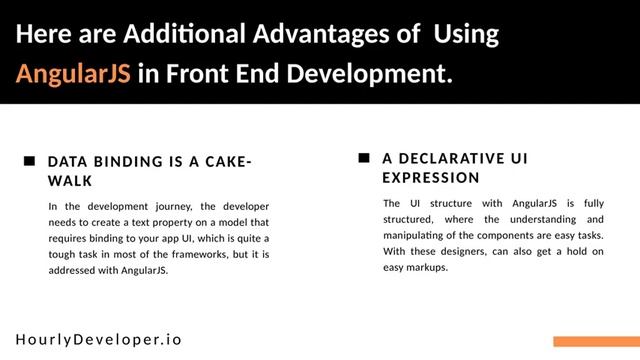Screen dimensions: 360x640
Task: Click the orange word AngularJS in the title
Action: click(73, 74)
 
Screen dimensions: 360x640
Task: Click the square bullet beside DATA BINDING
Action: click(29, 161)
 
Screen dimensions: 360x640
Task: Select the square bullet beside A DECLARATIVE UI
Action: click(363, 158)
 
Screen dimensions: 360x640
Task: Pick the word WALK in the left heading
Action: click(70, 181)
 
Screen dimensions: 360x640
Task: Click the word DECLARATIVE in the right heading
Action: click(446, 158)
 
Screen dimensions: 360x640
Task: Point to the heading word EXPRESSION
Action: click(431, 177)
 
